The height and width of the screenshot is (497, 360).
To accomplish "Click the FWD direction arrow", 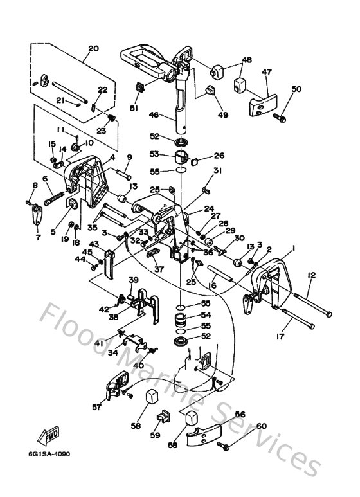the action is pyautogui.click(x=48, y=436).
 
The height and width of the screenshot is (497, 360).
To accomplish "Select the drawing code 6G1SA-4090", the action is pyautogui.click(x=50, y=454).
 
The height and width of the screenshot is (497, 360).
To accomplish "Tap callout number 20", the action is pyautogui.click(x=93, y=48).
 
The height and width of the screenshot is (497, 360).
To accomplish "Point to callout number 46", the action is pyautogui.click(x=154, y=114).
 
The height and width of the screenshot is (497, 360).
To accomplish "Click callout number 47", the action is pyautogui.click(x=267, y=72).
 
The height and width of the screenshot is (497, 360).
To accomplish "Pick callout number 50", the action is pyautogui.click(x=296, y=89).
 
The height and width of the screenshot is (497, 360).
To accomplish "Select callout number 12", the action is pyautogui.click(x=312, y=275).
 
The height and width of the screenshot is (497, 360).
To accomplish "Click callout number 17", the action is pyautogui.click(x=280, y=336).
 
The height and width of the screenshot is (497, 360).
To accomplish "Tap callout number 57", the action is pyautogui.click(x=96, y=407).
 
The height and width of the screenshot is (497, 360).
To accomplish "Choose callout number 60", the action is pyautogui.click(x=262, y=426).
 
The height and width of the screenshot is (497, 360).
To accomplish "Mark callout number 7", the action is pyautogui.click(x=38, y=237).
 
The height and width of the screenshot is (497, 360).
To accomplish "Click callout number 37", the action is pyautogui.click(x=159, y=269).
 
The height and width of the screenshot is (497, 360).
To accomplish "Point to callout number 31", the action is pyautogui.click(x=217, y=170).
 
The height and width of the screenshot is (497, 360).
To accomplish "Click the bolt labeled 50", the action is pyautogui.click(x=280, y=118).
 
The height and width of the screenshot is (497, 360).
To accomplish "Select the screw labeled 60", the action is pyautogui.click(x=223, y=446).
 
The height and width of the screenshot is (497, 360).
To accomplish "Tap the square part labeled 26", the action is pyautogui.click(x=195, y=161).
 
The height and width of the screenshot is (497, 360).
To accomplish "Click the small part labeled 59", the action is pyautogui.click(x=163, y=416).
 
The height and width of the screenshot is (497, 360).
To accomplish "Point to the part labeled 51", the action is pyautogui.click(x=139, y=87).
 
